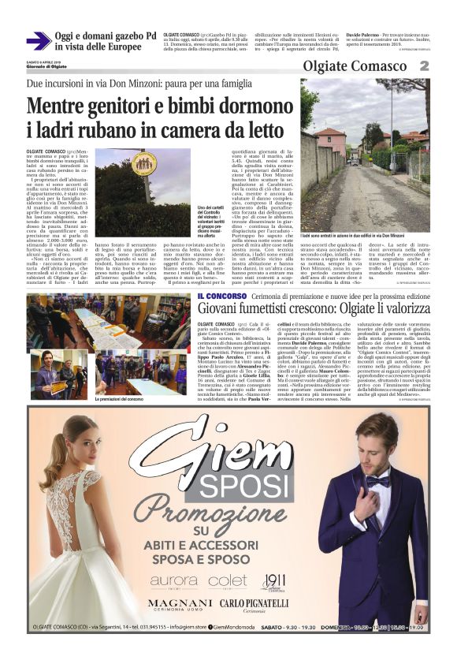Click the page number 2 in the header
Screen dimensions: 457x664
tap(445, 65)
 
